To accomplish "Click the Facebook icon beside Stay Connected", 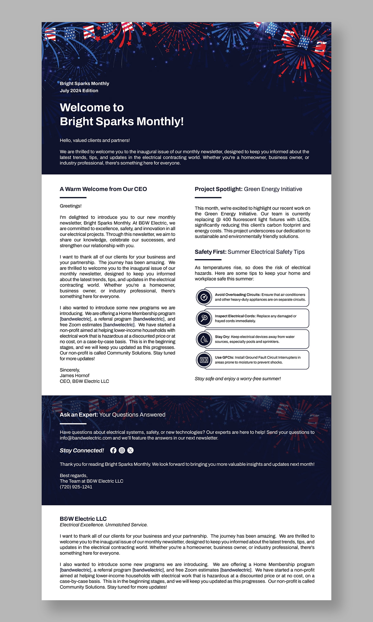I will click(113, 450).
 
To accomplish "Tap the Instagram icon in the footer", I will click(122, 450).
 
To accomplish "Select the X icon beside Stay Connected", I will click(131, 450).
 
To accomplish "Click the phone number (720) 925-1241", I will click(76, 487).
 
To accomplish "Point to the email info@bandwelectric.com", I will click(86, 438).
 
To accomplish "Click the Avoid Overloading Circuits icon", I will click(204, 297).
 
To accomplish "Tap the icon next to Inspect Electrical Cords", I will click(204, 318).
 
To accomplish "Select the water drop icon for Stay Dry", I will click(204, 339).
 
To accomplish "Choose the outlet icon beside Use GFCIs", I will click(204, 360).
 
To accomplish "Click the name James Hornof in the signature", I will click(75, 375).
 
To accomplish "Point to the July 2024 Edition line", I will click(79, 91).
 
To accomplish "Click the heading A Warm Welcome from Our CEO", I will click(103, 189).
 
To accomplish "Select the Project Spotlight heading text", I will click(219, 189).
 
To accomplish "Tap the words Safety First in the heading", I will click(210, 252).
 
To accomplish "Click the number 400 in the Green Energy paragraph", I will click(227, 219).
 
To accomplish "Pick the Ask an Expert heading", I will click(79, 415).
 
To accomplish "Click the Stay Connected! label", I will click(82, 450).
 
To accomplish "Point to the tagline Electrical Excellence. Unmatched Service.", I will click(104, 525).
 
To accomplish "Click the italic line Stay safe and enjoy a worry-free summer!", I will click(238, 378).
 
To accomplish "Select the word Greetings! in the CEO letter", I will click(71, 206).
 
